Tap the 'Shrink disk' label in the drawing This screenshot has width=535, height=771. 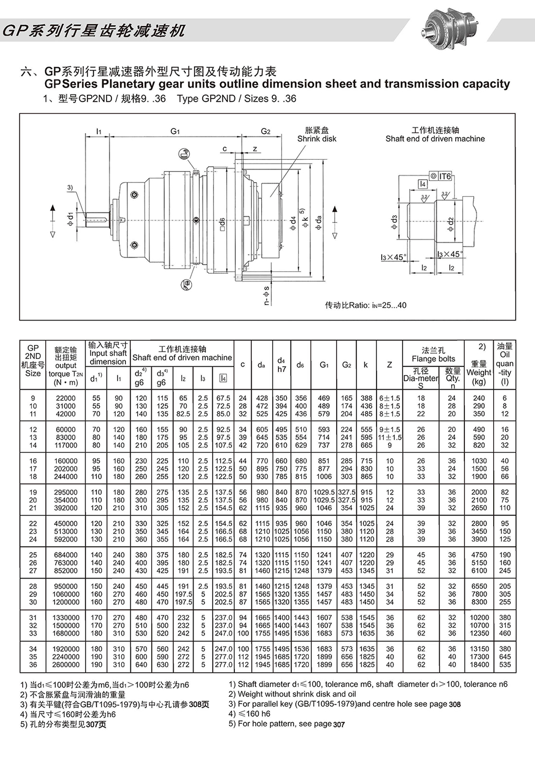coord(317,139)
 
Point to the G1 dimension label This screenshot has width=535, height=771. coord(175,132)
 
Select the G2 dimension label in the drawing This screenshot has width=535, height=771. coord(265,132)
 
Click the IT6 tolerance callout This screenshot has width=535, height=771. coord(445,176)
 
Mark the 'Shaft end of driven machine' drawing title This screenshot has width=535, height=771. coord(435,139)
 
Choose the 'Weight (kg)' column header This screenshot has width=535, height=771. coord(479,373)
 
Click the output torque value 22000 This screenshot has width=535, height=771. coord(66,398)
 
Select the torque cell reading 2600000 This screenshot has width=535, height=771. coord(66,665)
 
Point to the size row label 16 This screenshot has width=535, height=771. coord(33,461)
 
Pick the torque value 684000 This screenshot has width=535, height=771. coord(66,555)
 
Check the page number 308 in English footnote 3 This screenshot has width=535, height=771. coord(454,704)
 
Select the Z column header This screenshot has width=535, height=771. coord(389,365)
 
